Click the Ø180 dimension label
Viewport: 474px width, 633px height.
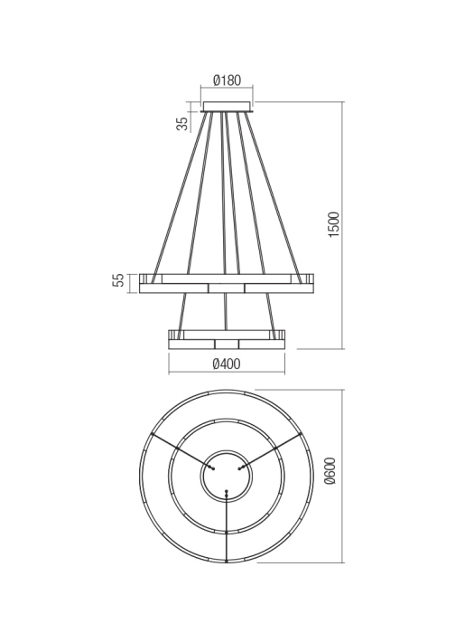click(x=227, y=80)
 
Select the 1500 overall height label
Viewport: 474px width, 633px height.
click(x=333, y=224)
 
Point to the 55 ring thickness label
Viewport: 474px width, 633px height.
click(x=118, y=281)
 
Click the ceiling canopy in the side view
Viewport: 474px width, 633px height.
click(x=227, y=107)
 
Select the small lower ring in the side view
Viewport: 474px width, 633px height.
click(x=227, y=339)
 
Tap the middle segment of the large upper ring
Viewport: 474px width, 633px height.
click(x=227, y=288)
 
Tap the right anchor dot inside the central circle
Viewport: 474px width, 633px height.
click(x=240, y=468)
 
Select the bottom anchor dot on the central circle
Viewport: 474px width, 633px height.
click(x=227, y=492)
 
